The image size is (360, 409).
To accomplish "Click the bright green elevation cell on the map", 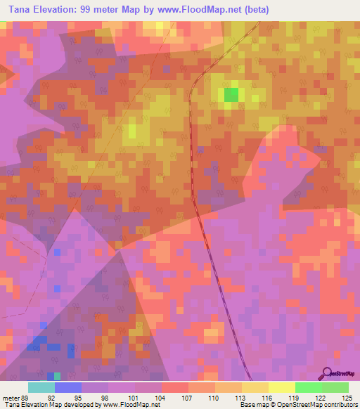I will pos(231,95).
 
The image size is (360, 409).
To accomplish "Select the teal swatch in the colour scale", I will pos(41,387).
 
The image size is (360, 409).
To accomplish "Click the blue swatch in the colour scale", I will pos(68,387).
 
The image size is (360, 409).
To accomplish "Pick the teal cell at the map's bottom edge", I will pos(57,377).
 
